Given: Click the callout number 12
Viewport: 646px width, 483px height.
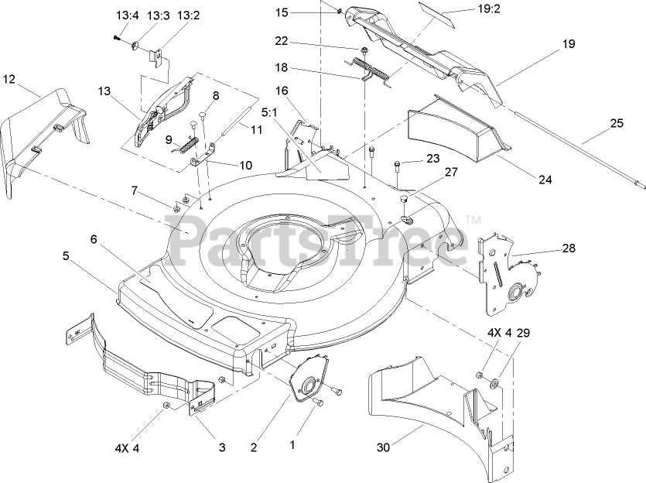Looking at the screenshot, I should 9,78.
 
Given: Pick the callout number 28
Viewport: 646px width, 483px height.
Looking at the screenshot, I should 569,248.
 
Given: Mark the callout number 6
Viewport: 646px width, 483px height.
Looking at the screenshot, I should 94,239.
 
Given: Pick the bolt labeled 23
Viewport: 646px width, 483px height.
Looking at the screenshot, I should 397,163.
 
